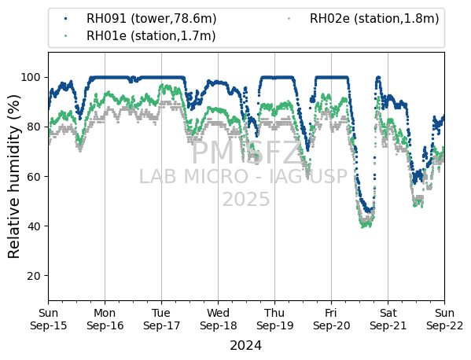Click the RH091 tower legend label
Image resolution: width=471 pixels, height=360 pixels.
coord(152,19)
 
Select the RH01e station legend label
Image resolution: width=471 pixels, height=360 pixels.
coord(151,35)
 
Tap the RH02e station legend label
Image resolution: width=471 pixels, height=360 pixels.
coord(374,19)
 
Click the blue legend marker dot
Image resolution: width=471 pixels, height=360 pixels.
coord(66,19)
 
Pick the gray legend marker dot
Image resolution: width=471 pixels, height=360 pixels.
coord(289,19)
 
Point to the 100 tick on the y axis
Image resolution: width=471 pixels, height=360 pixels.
coord(31,78)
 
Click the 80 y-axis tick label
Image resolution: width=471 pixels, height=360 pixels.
coord(34,127)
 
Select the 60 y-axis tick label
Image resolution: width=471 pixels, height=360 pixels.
coord(34,177)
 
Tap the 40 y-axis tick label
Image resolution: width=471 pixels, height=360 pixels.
coord(34,226)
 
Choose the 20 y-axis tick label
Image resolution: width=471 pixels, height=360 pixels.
coord(34,276)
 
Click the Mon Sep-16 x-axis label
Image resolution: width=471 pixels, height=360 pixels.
coord(105,319)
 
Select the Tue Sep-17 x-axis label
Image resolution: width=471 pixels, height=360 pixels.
coord(162,319)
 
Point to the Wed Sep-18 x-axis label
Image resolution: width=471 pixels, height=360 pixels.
coord(219,319)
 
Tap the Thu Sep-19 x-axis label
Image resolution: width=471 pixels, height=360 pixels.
coord(275,319)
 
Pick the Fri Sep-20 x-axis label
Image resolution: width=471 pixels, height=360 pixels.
coord(331,319)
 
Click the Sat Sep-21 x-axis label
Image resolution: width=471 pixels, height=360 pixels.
coord(388,319)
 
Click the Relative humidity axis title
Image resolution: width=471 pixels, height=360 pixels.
coord(14,177)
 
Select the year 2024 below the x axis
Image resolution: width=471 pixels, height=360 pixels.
coord(245,345)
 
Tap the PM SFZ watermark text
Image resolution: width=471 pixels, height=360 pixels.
coord(246,153)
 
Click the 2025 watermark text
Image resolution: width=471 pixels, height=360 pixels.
coord(246,199)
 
